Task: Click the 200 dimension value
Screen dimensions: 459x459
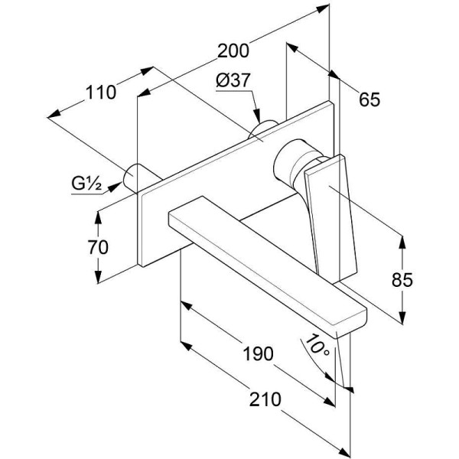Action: coord(233,50)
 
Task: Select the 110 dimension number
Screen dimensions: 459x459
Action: coord(101,93)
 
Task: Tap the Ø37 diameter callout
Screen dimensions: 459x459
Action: coord(233,80)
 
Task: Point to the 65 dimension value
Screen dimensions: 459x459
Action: coord(369,99)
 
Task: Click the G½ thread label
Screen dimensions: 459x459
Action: coord(86,184)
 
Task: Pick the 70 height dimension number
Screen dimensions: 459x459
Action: coord(98,247)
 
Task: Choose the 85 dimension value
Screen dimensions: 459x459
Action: coord(402,280)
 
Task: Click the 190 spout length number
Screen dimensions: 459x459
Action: coord(259,353)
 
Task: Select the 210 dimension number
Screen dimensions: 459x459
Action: coord(265,399)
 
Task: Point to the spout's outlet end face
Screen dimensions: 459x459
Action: coord(352,323)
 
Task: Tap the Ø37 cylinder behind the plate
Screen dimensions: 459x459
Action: coord(262,129)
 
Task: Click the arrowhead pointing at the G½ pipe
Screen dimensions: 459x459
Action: coord(116,187)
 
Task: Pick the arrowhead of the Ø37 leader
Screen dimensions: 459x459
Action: coord(257,116)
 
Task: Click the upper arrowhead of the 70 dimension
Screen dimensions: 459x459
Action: coord(98,217)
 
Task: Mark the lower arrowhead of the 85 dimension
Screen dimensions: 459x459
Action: coord(403,318)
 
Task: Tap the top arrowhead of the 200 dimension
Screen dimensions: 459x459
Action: coord(323,8)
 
